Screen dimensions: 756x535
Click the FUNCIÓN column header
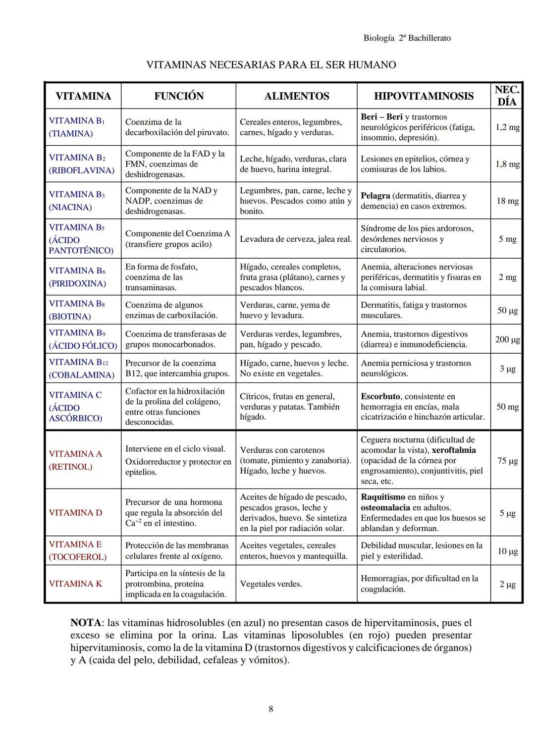click(x=178, y=96)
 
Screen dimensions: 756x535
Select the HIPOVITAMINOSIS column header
click(x=424, y=96)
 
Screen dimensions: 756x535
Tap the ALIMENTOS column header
click(x=296, y=96)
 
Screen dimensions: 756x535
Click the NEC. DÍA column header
click(x=507, y=96)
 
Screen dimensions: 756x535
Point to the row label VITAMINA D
click(x=75, y=513)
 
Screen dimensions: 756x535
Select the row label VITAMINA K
click(x=75, y=584)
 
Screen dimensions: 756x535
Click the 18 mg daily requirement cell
click(x=507, y=201)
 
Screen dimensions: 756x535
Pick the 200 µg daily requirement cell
click(x=507, y=339)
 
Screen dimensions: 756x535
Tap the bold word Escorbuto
click(x=380, y=396)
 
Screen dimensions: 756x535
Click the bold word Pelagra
click(x=375, y=196)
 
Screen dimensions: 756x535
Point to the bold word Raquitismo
click(x=382, y=497)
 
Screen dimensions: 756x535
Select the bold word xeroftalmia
click(x=454, y=450)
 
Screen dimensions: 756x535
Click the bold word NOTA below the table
click(x=87, y=622)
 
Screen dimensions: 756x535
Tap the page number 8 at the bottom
click(x=270, y=709)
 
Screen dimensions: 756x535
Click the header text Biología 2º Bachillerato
click(x=407, y=38)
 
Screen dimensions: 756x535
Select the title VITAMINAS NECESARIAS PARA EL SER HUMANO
click(x=271, y=65)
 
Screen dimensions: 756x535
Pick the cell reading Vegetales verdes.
click(x=270, y=584)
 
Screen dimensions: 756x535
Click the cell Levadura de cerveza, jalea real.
click(x=296, y=239)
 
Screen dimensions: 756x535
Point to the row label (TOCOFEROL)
click(x=77, y=557)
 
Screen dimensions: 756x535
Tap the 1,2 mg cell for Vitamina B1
click(x=507, y=127)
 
